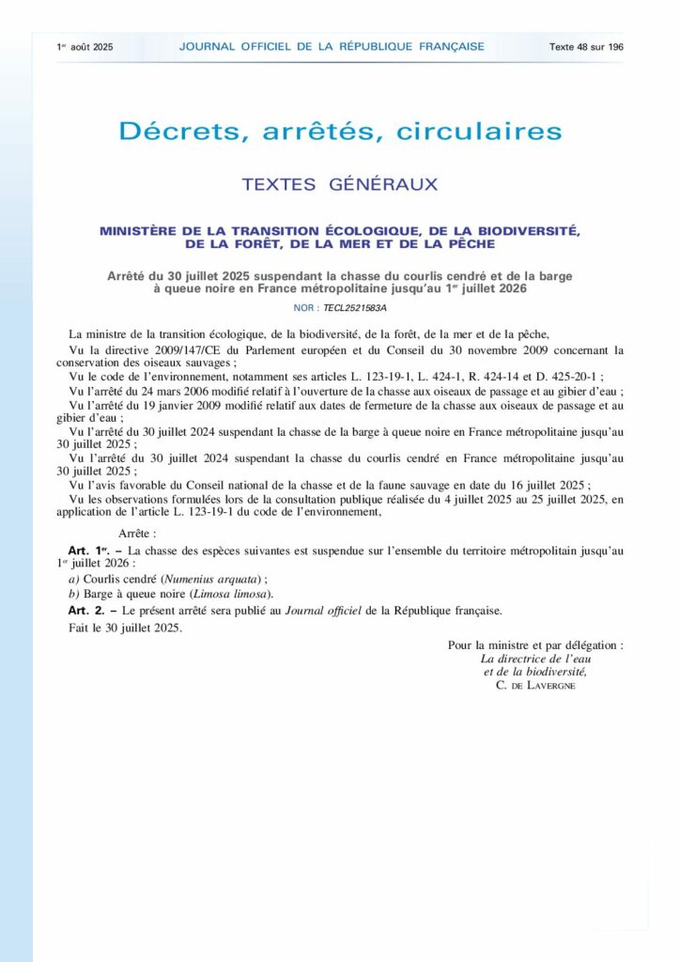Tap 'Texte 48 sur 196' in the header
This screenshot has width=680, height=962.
click(586, 46)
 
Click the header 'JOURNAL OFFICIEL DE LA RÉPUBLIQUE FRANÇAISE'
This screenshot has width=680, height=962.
click(332, 46)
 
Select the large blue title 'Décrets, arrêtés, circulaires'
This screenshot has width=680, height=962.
click(340, 131)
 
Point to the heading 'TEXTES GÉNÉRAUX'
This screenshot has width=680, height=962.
click(340, 184)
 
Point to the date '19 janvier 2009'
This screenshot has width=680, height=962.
click(177, 406)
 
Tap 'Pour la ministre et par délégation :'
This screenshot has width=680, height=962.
click(534, 645)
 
